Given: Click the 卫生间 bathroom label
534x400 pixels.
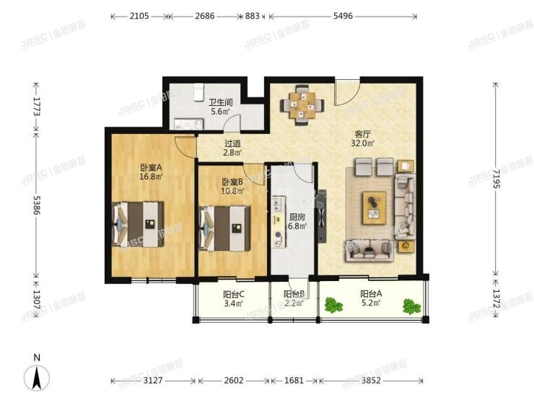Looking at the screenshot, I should coord(219,102).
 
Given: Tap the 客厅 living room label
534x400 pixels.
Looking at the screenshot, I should coord(363,133).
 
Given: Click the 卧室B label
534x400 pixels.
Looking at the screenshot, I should coord(232,182).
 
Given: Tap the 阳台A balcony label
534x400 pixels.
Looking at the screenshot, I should coord(372,293).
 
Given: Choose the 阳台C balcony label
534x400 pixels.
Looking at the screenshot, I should coord(233,293).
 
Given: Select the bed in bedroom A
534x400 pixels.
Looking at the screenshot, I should coord(137,224).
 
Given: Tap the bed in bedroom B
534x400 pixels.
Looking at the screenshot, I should coord(224,229).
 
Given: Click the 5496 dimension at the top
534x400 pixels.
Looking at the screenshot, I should coord(343,15).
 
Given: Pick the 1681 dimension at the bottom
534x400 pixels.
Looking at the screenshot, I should coord(294,380).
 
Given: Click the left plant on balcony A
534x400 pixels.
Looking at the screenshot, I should coord(333,305).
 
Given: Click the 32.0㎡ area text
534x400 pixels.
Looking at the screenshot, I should coord(363,143).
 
